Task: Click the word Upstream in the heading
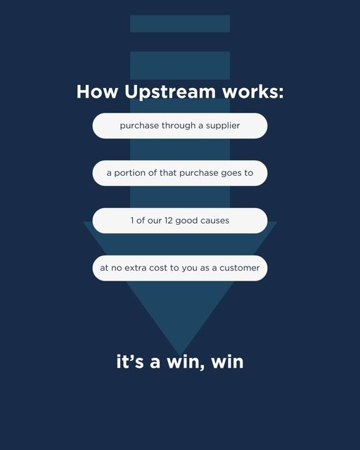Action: [169, 92]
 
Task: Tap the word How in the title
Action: [97, 92]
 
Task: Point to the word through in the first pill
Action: [179, 125]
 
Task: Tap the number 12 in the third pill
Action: [168, 220]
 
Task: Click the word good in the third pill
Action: [186, 221]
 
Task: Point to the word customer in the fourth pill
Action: [240, 268]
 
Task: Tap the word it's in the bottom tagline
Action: [130, 361]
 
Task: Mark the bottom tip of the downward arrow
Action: [180, 356]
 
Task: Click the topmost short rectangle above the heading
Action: [180, 23]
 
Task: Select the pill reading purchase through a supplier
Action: [180, 126]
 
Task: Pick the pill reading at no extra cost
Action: [180, 268]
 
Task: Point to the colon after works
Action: [281, 93]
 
